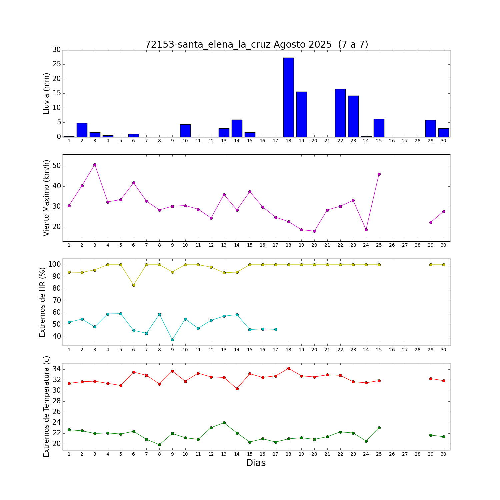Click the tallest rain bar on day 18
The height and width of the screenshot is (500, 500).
(x=288, y=97)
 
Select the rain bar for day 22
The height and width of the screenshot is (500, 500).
(x=340, y=113)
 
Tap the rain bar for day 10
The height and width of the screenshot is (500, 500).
(x=185, y=131)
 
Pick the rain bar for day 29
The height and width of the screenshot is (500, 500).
(x=430, y=129)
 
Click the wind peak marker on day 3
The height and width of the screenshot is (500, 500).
(x=95, y=165)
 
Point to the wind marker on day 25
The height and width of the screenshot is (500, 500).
(x=379, y=174)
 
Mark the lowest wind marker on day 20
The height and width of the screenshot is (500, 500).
(x=314, y=231)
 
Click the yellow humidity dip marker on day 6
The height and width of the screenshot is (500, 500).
(x=134, y=285)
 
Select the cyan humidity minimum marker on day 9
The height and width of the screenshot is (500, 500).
(x=172, y=340)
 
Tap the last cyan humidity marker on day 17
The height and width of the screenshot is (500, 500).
(x=276, y=329)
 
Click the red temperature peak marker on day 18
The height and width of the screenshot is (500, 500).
(x=289, y=368)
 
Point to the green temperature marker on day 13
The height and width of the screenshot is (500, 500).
(x=224, y=423)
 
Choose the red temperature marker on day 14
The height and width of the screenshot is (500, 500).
(x=237, y=389)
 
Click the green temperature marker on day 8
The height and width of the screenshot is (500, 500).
(x=159, y=445)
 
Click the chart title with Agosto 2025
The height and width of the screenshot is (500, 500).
(x=256, y=45)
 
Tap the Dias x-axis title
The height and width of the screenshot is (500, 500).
(x=256, y=463)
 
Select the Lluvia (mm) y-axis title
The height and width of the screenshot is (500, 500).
(x=46, y=93)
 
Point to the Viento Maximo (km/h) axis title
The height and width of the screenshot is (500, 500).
(x=46, y=198)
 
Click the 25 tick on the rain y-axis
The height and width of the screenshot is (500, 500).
(x=56, y=64)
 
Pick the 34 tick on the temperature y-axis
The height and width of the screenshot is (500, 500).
(x=56, y=369)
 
